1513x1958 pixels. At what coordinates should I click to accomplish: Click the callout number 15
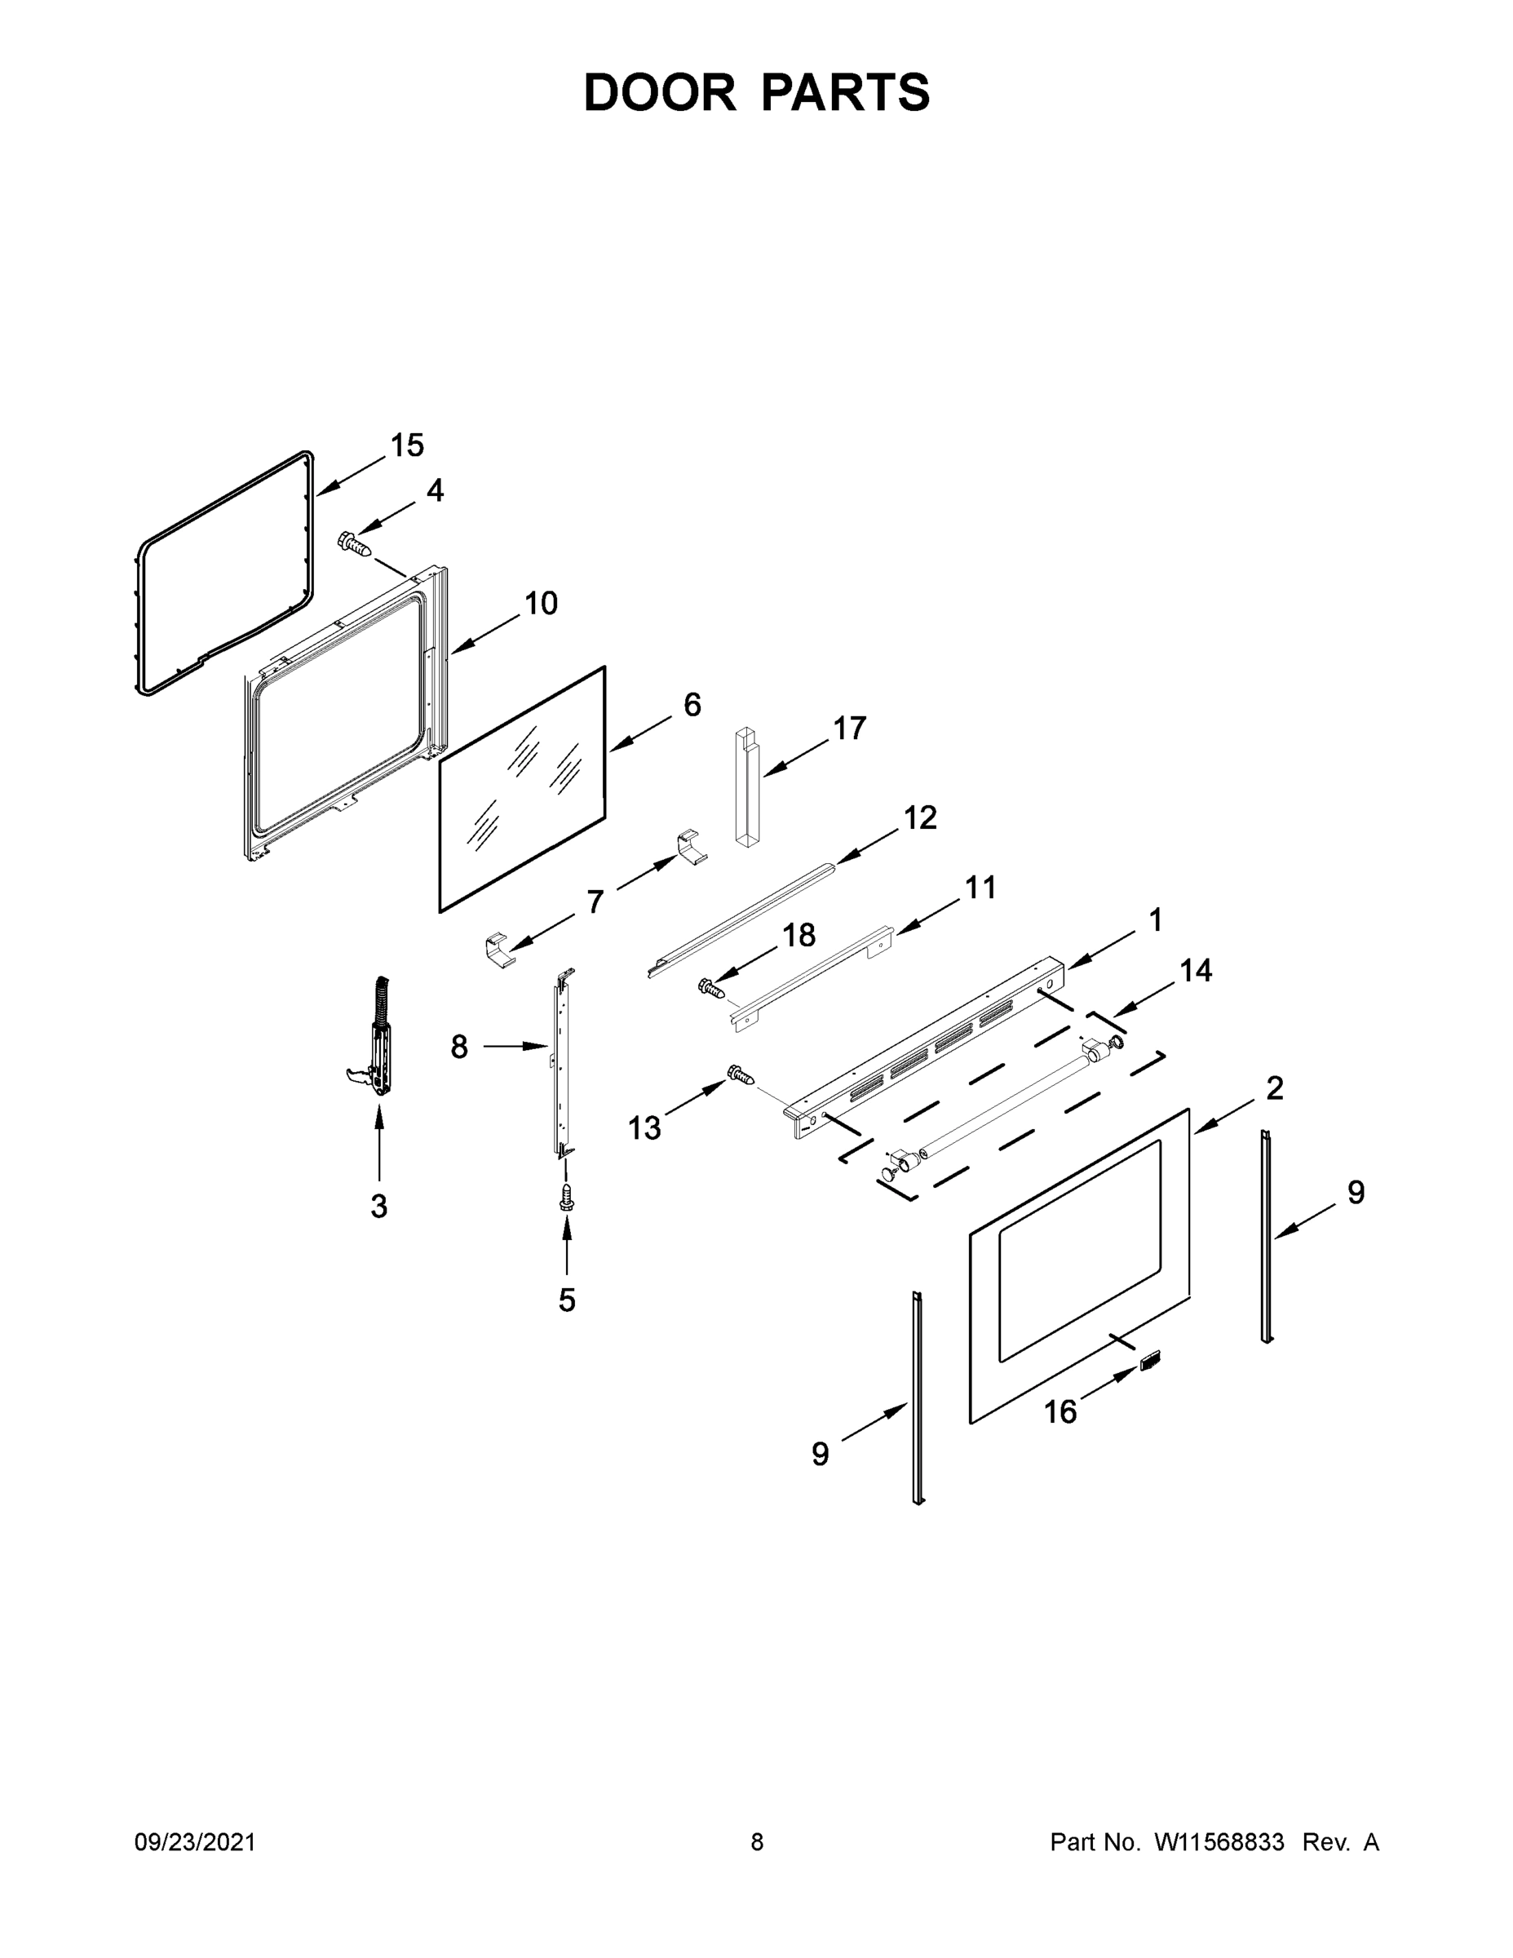pos(407,445)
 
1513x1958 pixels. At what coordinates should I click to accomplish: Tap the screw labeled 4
pos(354,543)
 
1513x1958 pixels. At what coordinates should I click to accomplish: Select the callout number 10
pos(541,604)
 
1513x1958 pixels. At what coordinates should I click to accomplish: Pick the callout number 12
pos(920,817)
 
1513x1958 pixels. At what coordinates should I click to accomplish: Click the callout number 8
pos(459,1046)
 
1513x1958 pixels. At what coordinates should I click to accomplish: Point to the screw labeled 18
pos(710,988)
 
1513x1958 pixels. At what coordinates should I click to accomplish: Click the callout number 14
pos(1196,970)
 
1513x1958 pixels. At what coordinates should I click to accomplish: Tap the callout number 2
pos(1275,1088)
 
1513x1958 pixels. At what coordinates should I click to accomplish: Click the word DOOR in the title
pos(660,92)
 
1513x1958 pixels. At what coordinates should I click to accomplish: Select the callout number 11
pos(980,888)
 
